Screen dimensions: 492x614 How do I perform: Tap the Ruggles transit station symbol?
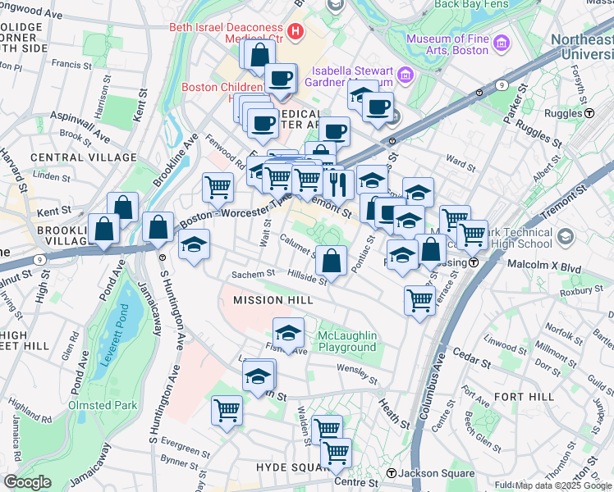[589, 113]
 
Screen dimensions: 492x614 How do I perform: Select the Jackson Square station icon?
[392, 473]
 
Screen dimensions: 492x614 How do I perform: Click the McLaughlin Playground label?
[346, 341]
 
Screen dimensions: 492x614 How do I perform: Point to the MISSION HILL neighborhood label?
[273, 300]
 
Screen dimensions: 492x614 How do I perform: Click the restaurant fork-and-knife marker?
[337, 184]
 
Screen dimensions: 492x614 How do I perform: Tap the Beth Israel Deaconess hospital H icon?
[296, 34]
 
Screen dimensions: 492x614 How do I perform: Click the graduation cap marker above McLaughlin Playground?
[288, 333]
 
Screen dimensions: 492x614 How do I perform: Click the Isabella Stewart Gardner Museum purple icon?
[405, 75]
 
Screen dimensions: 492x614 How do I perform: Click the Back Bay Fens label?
[469, 4]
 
